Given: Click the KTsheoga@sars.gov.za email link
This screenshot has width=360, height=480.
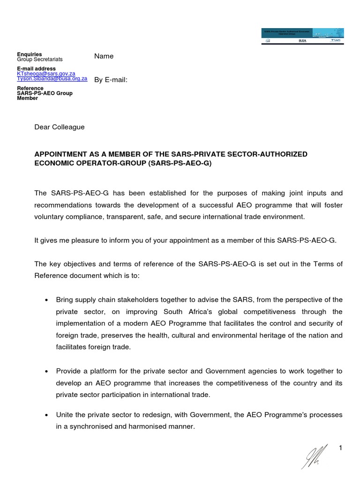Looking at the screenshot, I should (x=46, y=74).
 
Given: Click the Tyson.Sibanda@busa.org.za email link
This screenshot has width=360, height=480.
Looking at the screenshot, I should (x=52, y=79).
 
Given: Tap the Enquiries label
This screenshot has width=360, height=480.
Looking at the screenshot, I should (x=29, y=54).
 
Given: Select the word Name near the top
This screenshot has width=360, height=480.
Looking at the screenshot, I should (x=104, y=56).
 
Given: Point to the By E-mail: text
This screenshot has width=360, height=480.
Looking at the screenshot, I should (x=111, y=80).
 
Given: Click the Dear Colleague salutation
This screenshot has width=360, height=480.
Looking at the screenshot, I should (x=60, y=127).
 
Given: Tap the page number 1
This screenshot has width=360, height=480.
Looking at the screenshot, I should (x=341, y=449).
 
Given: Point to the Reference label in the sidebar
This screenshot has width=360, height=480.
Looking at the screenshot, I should (x=30, y=88).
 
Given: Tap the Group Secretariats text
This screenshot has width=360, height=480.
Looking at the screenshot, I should (x=40, y=60).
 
